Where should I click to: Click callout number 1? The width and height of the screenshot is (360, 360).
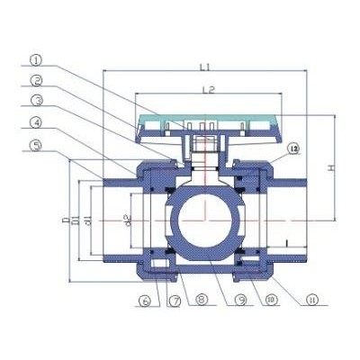pyautogui.click(x=35, y=60)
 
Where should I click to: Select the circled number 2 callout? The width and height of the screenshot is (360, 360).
pyautogui.click(x=35, y=80)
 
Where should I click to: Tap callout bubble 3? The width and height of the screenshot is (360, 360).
pyautogui.click(x=35, y=101)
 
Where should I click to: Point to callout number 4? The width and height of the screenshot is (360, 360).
pyautogui.click(x=35, y=122)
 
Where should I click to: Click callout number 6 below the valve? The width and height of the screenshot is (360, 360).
pyautogui.click(x=146, y=301)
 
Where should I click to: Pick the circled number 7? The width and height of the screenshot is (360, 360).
pyautogui.click(x=174, y=301)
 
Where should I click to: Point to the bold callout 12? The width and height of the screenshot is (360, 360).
pyautogui.click(x=292, y=147)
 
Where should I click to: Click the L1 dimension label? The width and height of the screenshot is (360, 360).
pyautogui.click(x=205, y=66)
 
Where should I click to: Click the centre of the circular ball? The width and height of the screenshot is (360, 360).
pyautogui.click(x=208, y=219)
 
